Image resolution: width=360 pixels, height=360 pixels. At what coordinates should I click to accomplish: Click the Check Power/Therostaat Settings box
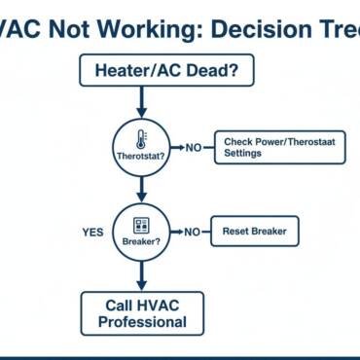click(277, 147)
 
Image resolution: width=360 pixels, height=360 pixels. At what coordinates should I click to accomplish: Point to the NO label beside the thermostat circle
click(193, 147)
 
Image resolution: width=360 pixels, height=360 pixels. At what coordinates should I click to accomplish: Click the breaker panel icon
click(142, 223)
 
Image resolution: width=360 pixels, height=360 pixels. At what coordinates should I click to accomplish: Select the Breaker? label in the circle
click(142, 239)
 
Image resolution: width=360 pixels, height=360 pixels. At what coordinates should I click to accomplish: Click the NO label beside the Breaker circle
click(193, 233)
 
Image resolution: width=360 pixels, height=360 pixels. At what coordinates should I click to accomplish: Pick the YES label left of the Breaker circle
click(93, 233)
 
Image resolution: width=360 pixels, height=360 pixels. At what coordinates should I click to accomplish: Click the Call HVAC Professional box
click(142, 313)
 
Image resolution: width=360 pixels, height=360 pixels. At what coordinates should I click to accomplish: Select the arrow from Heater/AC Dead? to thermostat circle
click(142, 99)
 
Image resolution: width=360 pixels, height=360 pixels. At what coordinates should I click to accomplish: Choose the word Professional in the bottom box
click(142, 322)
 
